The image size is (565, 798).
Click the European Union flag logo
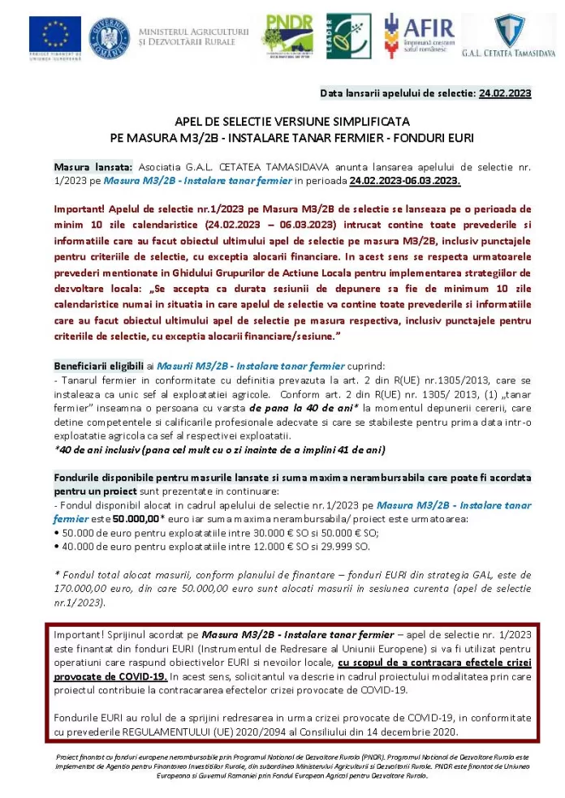tap(55, 36)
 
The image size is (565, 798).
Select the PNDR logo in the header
tap(287, 35)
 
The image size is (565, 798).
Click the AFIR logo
tap(417, 35)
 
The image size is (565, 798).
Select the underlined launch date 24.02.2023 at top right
tap(505, 93)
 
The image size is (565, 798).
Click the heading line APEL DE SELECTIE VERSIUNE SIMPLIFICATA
tap(292, 121)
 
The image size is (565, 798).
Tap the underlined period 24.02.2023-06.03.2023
tap(405, 181)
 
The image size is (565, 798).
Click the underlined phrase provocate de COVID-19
tap(110, 676)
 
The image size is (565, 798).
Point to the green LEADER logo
tap(349, 36)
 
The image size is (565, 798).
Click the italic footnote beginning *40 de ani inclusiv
tap(219, 449)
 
